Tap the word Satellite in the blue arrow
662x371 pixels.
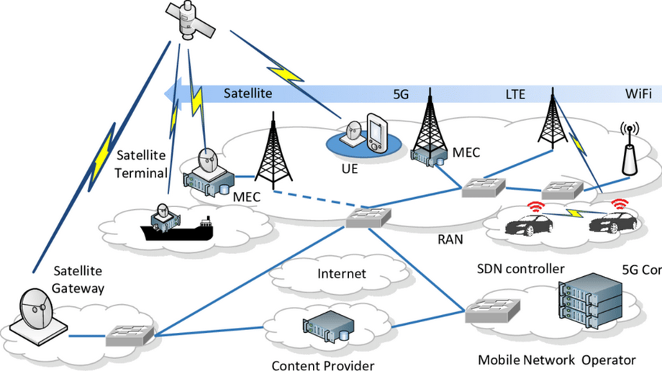(247, 93)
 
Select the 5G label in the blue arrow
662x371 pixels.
(401, 94)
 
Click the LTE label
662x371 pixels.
(515, 94)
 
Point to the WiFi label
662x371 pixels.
(638, 94)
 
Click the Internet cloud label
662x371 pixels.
(342, 273)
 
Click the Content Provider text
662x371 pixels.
(323, 365)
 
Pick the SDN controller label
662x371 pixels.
(521, 269)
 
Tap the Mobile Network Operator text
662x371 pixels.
(557, 359)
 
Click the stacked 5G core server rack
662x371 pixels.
(589, 302)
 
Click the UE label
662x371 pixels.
(350, 170)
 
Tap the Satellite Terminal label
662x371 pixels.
(141, 163)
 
